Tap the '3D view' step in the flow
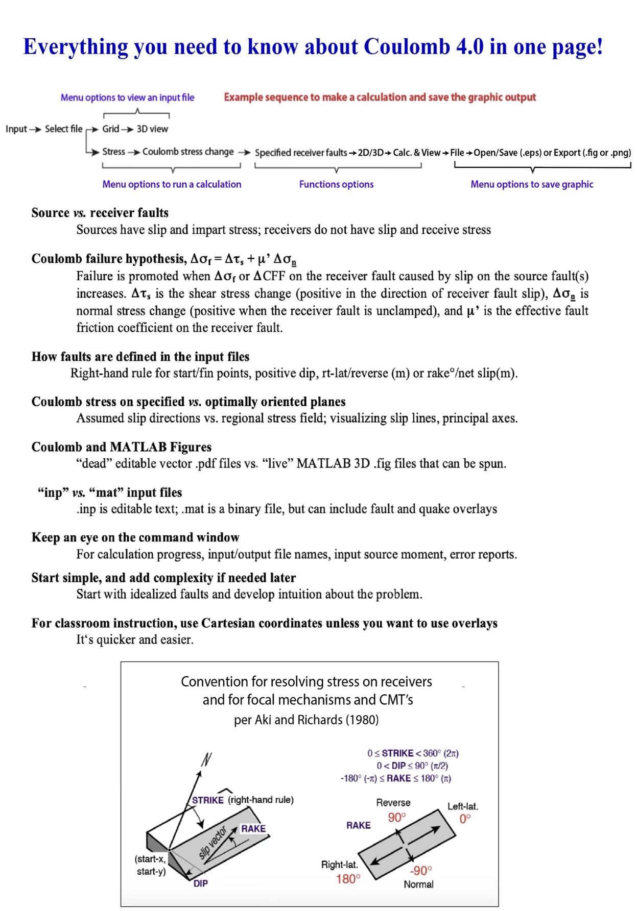click(152, 129)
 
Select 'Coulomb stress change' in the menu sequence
click(187, 152)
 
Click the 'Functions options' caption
click(336, 184)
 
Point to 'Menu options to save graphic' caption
click(532, 184)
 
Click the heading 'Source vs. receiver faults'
click(100, 212)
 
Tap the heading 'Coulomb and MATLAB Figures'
click(121, 447)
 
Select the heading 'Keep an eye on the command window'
click(135, 537)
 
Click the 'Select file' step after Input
click(63, 129)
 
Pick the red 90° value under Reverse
click(396, 817)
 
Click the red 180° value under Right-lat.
click(348, 878)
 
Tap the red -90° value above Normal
click(421, 870)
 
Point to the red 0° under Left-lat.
click(465, 819)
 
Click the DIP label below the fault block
click(200, 883)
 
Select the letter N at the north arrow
click(206, 760)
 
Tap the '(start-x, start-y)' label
click(151, 865)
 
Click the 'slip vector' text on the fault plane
click(213, 843)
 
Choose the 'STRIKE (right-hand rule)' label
click(243, 800)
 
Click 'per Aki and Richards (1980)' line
click(306, 720)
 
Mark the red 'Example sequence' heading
click(380, 97)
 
